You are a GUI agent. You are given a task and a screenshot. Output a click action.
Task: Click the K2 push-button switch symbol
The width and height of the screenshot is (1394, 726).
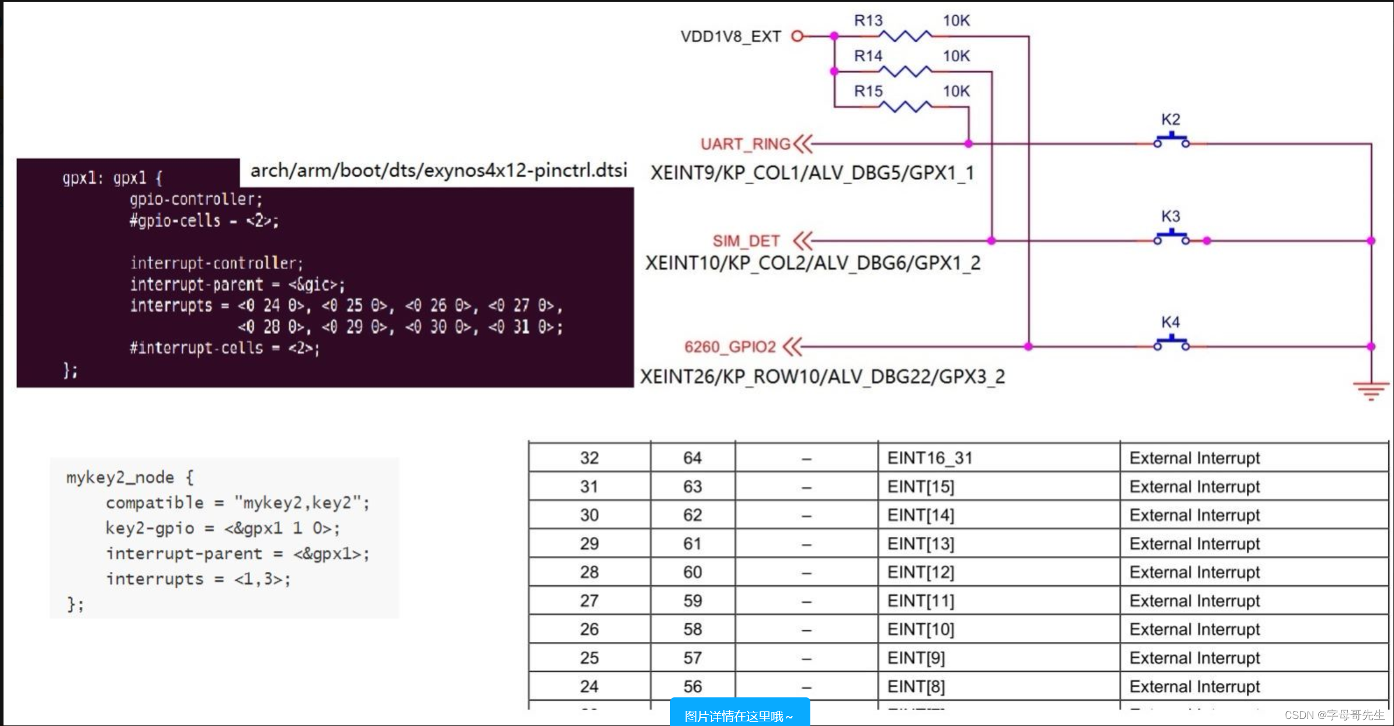[x=1171, y=141]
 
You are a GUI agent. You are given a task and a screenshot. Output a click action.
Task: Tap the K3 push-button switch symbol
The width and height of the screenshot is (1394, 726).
[x=1171, y=237]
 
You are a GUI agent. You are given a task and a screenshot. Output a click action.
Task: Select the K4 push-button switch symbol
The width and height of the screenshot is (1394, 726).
[x=1171, y=343]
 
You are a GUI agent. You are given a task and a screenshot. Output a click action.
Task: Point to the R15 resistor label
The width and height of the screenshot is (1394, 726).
[x=868, y=91]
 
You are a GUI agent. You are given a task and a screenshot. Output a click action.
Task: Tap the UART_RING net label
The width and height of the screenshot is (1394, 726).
[x=745, y=144]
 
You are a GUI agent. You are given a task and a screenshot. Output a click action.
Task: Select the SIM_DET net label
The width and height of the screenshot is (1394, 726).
[x=745, y=241]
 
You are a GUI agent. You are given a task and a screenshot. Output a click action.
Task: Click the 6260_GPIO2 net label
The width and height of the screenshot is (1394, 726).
[x=730, y=347]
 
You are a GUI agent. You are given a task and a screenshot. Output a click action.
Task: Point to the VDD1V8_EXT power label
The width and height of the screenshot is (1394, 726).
[x=730, y=37]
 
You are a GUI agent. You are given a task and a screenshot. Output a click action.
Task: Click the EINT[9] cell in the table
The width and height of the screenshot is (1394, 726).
[x=916, y=658]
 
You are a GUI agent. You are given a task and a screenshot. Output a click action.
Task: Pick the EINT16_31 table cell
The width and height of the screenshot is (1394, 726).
[x=930, y=458]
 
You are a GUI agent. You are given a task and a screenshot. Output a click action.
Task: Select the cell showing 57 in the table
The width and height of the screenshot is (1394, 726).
[x=692, y=658]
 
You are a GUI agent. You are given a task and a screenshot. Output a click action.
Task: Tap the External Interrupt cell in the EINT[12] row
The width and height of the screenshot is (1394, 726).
[x=1194, y=572]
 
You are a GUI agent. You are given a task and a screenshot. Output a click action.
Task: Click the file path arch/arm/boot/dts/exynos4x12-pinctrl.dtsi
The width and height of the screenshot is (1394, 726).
[x=438, y=171]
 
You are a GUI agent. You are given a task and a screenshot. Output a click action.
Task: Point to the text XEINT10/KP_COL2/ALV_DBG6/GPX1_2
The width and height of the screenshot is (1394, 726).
[x=813, y=263]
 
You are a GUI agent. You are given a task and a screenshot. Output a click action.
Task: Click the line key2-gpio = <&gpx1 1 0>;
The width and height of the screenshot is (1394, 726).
[x=222, y=528]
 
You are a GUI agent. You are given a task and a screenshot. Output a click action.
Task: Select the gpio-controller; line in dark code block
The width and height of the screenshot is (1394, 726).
[x=196, y=199]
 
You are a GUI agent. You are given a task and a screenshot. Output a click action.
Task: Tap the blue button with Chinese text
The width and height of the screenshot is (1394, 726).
[x=739, y=715]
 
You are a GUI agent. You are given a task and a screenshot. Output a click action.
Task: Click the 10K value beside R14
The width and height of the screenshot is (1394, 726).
[x=956, y=56]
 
